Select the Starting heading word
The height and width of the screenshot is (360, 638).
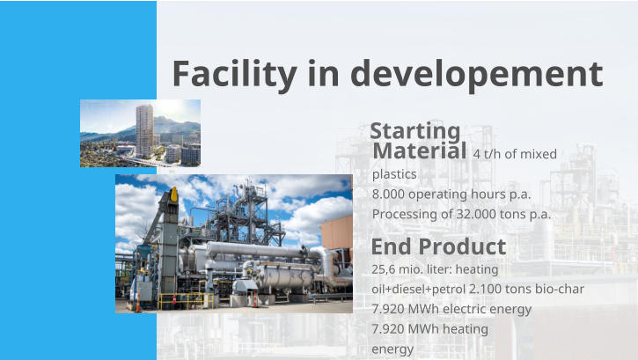[415, 131]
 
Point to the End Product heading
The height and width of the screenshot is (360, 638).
[438, 246]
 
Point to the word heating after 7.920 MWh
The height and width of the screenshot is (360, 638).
[466, 329]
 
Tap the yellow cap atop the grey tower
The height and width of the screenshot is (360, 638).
[173, 193]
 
